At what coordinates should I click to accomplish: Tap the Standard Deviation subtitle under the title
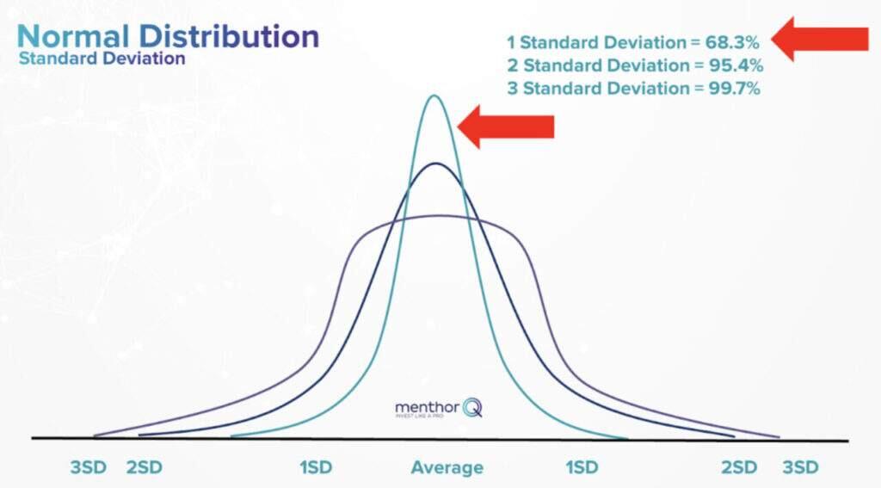point(102,59)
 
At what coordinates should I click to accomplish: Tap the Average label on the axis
point(447,467)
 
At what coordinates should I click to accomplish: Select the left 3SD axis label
point(89,467)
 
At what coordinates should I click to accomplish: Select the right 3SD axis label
point(800,467)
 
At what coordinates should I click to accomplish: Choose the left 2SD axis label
point(145,467)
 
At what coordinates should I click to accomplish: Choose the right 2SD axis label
point(739,467)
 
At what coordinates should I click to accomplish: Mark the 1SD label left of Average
point(317,467)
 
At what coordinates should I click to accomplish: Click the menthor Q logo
point(438,407)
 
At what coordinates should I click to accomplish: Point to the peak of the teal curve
point(435,96)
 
